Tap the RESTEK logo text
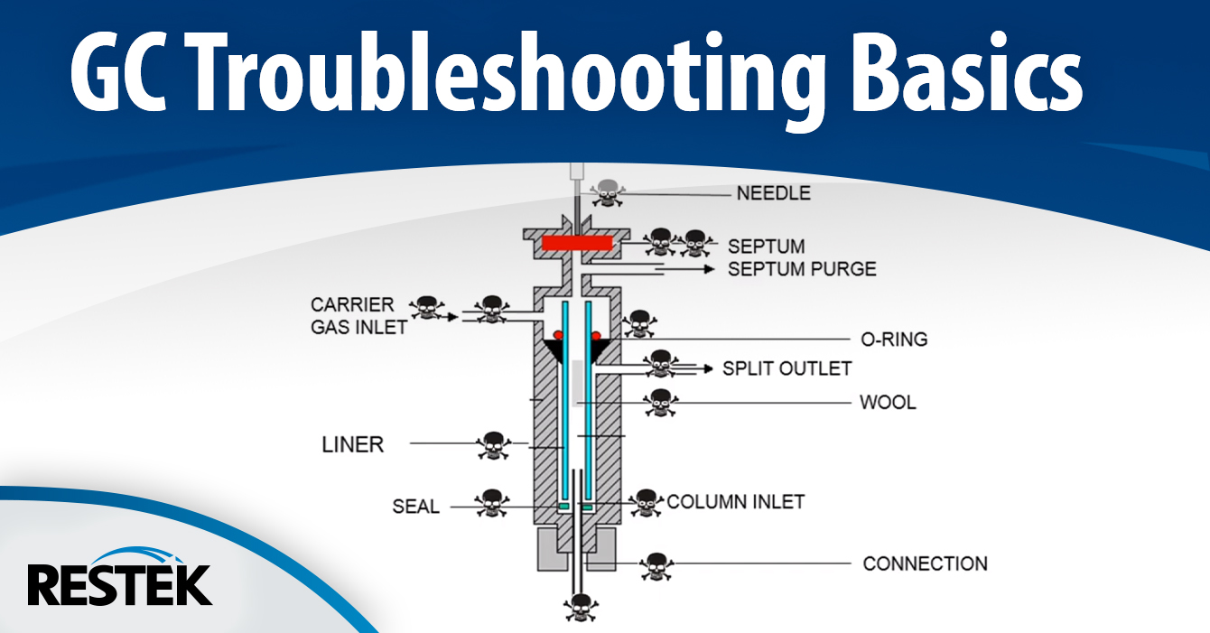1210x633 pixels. coord(119,585)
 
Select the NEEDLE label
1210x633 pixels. coord(773,193)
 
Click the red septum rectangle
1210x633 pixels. coord(578,243)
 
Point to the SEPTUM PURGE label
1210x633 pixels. coord(802,269)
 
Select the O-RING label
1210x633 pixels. coord(893,340)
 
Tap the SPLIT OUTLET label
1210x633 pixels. coord(786,368)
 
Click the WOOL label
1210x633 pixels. coord(888,403)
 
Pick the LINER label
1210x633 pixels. coord(353,444)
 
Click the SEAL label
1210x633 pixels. coord(415,507)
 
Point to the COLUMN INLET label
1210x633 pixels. coord(735,502)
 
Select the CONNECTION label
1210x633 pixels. coord(925,563)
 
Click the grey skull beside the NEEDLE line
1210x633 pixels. coord(605,191)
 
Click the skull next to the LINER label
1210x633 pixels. coord(492,444)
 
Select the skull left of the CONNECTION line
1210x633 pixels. coord(656,565)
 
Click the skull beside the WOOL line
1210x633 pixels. coord(661,403)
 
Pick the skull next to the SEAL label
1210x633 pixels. coord(492,503)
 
